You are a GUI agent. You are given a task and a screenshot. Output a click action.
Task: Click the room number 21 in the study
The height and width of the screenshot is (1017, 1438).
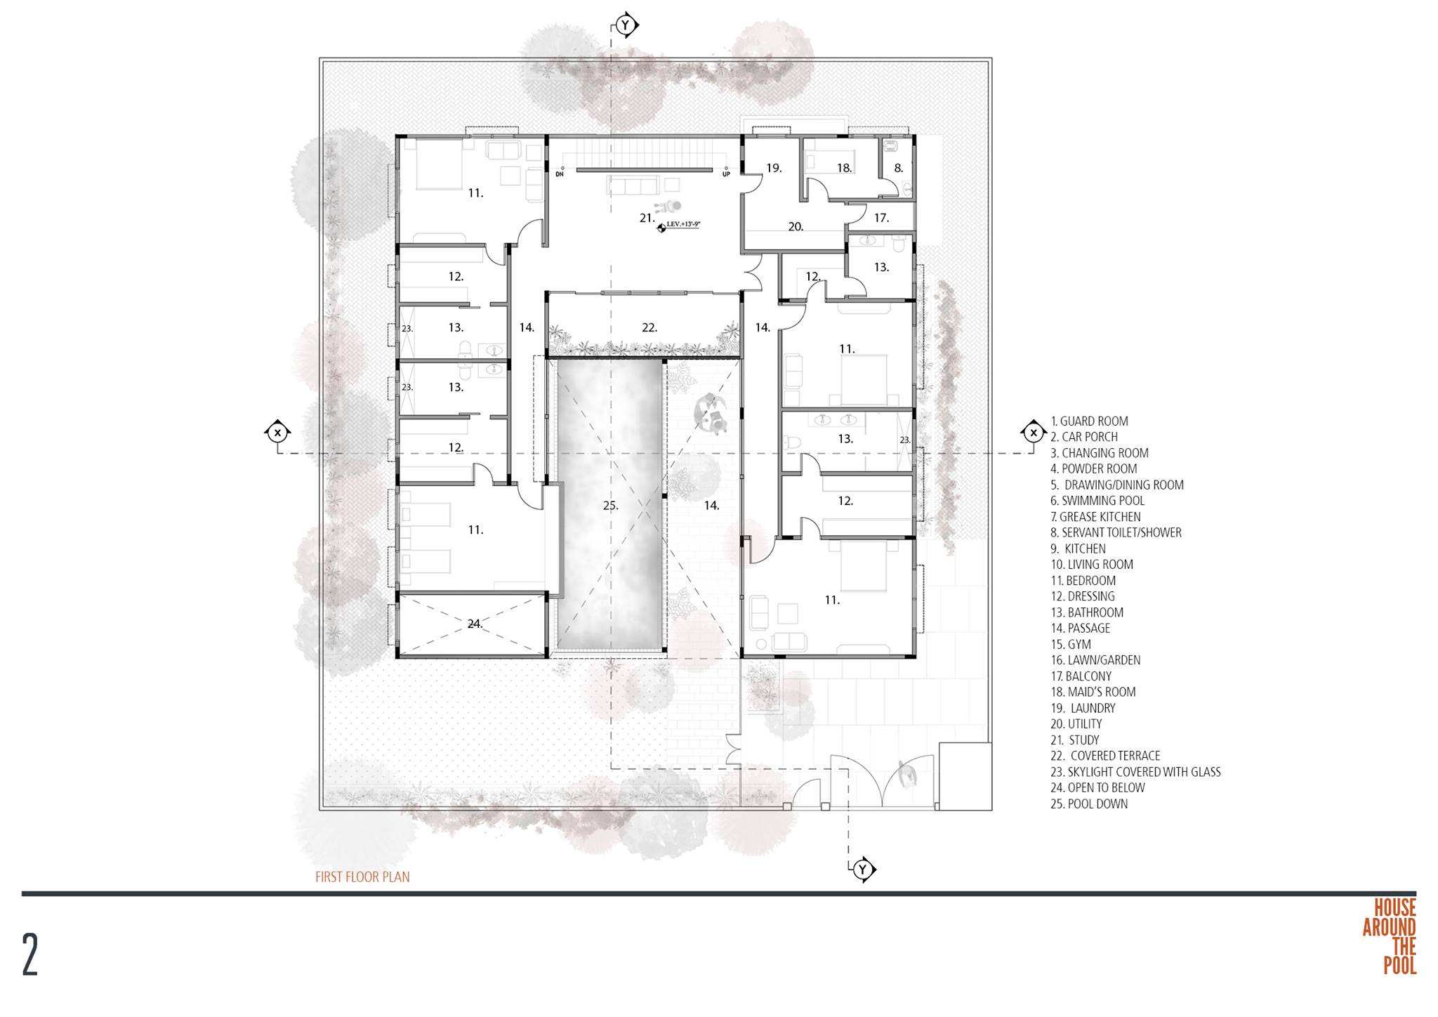[647, 218]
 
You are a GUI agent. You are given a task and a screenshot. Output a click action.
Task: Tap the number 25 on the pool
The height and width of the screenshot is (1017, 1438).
[610, 505]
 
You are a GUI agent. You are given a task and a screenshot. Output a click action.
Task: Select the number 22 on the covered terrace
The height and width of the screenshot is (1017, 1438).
[649, 327]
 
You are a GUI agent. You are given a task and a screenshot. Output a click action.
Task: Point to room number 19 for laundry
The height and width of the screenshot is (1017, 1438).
[774, 168]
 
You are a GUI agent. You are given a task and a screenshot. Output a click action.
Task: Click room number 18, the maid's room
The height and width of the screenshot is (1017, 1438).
[844, 168]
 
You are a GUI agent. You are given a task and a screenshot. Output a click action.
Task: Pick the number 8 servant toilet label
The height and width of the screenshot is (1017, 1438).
[898, 169]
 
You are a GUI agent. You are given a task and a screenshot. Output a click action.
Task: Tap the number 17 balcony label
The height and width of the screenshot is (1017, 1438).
[881, 218]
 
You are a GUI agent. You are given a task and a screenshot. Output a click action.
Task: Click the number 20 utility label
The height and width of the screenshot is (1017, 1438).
[796, 227]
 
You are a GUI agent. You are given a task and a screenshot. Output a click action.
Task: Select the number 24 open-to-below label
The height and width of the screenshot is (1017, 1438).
[475, 624]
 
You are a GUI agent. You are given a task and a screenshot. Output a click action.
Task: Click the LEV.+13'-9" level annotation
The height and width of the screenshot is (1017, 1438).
[684, 224]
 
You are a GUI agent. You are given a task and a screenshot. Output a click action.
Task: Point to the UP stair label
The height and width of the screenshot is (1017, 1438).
[726, 173]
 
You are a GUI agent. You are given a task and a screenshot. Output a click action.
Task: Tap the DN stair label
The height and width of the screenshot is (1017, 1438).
[560, 173]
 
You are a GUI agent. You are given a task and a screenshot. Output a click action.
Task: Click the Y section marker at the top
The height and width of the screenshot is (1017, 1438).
[626, 26]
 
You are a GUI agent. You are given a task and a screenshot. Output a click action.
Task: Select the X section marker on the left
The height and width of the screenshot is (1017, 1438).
[278, 432]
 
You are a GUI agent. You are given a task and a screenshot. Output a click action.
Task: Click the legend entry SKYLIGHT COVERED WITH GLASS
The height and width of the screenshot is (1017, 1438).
[1135, 772]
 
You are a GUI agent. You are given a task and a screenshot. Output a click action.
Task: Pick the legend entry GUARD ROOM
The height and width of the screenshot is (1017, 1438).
[1090, 421]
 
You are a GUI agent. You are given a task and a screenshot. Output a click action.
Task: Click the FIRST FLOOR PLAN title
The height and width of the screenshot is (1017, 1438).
[362, 877]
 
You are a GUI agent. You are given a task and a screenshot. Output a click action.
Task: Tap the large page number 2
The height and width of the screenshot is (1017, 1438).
[30, 954]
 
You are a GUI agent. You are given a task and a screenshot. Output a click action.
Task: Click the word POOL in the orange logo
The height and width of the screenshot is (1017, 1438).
[1399, 966]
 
